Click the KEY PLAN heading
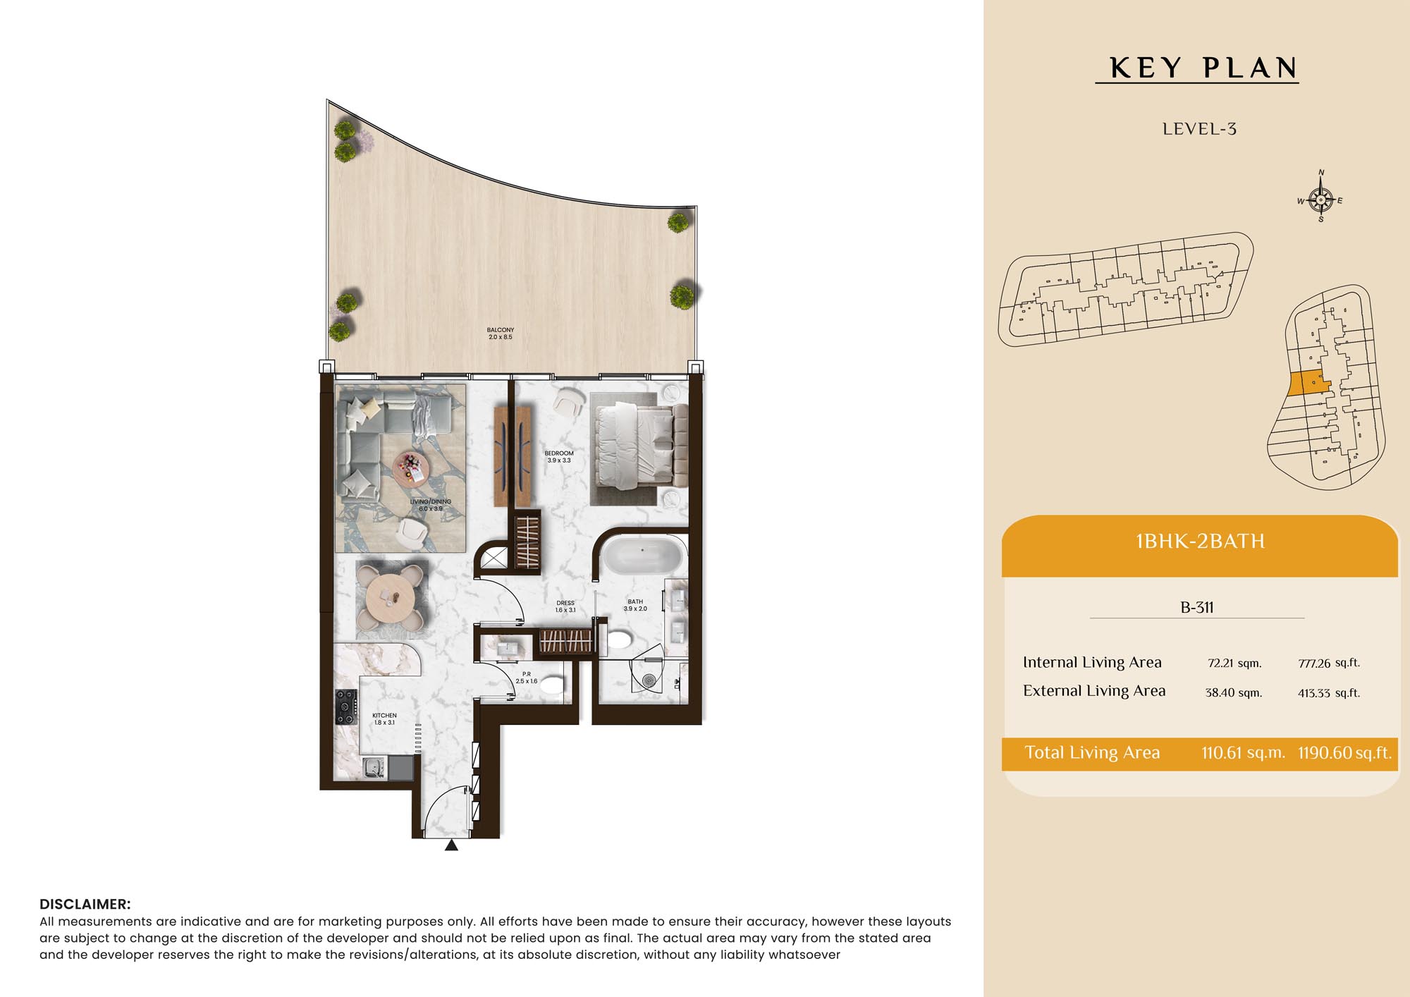[1203, 68]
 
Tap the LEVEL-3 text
[1199, 129]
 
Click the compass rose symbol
[1320, 200]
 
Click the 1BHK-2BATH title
[1200, 542]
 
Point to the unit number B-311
[1197, 607]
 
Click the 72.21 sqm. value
[1234, 663]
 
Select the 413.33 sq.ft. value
[1329, 692]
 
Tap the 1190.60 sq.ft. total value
[1344, 752]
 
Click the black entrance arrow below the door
[451, 845]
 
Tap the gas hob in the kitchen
[346, 707]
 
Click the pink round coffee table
[410, 467]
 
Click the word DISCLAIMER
[85, 904]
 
